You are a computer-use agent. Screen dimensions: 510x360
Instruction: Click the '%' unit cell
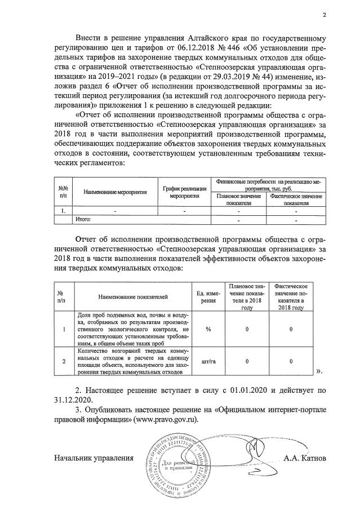point(208,329)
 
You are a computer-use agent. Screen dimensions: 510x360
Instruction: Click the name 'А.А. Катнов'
point(305,458)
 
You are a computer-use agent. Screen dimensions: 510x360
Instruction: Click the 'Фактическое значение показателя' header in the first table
point(296,199)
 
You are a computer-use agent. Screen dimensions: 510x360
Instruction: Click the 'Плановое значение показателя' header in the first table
point(239,199)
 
